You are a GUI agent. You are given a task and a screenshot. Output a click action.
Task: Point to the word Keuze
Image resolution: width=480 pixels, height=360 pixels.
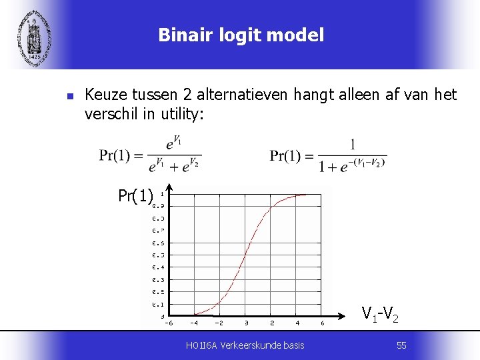click(x=104, y=95)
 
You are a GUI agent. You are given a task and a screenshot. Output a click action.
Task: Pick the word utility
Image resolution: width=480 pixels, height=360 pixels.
click(x=182, y=114)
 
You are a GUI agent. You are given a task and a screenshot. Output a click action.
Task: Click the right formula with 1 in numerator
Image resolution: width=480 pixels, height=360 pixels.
click(x=328, y=155)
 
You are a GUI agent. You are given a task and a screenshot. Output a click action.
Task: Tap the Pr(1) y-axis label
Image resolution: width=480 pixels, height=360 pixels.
click(x=135, y=196)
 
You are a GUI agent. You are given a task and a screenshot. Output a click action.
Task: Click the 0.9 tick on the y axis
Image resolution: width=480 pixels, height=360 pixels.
click(x=158, y=206)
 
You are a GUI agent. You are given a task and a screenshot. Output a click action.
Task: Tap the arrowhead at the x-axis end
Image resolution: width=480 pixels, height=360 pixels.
click(x=349, y=315)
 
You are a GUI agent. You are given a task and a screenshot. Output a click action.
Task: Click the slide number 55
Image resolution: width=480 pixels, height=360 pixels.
click(x=401, y=345)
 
